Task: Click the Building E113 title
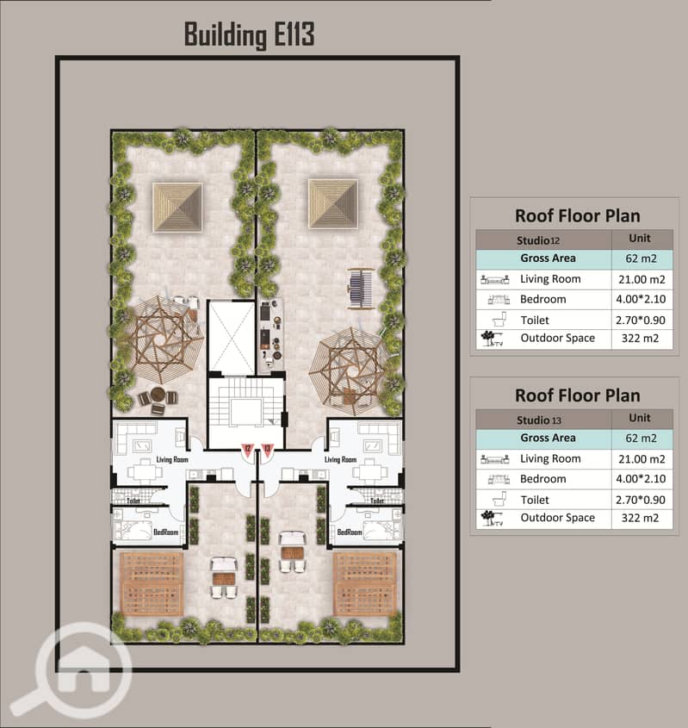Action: click(250, 34)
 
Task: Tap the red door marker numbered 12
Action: click(247, 448)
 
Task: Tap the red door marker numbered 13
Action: click(268, 448)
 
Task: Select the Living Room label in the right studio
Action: click(341, 460)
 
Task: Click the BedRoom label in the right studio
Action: click(349, 533)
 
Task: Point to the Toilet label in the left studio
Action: click(133, 500)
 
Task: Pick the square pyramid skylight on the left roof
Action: click(177, 207)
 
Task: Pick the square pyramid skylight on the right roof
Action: click(333, 204)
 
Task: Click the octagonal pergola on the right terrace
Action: click(349, 365)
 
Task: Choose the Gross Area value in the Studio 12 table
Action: click(638, 258)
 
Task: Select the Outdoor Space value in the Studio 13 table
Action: click(638, 518)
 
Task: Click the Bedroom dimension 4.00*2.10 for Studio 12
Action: click(638, 299)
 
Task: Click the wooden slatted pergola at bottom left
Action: click(152, 583)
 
